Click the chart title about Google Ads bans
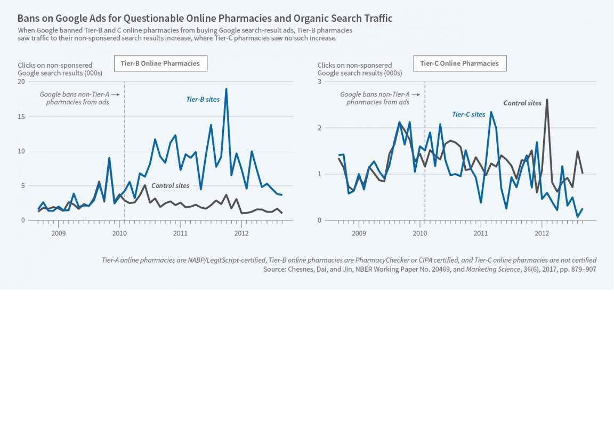click(205, 18)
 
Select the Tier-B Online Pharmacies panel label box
click(160, 63)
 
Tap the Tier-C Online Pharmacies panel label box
click(459, 63)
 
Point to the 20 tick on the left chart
click(21, 81)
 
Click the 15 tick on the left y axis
click(21, 116)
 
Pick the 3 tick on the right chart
click(319, 81)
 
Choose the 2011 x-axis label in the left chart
click(180, 233)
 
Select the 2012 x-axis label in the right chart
click(542, 233)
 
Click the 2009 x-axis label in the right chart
click(359, 233)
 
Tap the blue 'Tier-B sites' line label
click(203, 99)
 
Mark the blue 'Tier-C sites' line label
click(468, 115)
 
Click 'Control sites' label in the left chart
click(170, 186)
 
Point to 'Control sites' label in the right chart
click(522, 103)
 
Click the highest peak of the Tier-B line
click(226, 89)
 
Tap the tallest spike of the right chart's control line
click(547, 100)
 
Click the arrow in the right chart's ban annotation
click(416, 94)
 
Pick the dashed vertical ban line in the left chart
click(124, 160)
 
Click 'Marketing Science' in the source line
click(488, 270)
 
